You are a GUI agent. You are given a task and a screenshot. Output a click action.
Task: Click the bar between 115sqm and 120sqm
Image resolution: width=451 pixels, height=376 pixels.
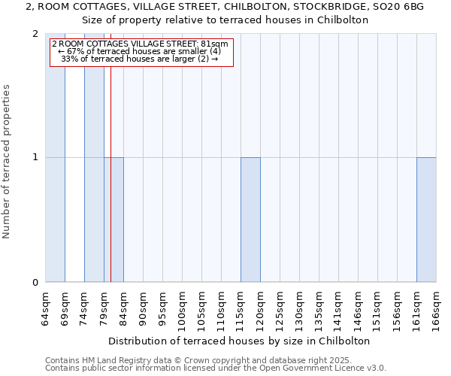point(250,220)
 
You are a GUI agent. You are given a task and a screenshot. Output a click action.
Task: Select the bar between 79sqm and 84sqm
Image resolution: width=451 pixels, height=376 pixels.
point(114,220)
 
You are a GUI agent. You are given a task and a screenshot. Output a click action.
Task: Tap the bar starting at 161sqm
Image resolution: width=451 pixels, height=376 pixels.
point(426,220)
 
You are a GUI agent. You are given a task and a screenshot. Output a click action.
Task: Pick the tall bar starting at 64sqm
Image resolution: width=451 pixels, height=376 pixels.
point(55,158)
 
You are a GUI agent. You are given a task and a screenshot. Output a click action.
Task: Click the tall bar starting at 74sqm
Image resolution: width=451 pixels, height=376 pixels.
point(94,158)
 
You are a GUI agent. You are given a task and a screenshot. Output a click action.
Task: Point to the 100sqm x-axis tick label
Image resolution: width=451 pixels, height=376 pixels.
point(182,309)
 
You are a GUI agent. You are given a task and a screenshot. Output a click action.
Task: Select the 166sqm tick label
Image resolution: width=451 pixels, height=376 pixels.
point(436,309)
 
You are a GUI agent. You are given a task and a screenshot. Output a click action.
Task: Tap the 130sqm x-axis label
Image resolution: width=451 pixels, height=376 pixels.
point(299,309)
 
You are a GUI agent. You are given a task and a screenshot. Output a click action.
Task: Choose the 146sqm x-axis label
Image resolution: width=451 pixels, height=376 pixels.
point(358,309)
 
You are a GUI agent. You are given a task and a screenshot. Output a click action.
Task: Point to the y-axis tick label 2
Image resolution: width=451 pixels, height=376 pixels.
point(35,34)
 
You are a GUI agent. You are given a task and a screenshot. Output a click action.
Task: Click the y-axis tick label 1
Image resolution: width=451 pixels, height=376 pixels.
point(35,158)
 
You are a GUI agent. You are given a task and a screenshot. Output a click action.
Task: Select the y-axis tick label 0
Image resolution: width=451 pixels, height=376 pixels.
point(35,282)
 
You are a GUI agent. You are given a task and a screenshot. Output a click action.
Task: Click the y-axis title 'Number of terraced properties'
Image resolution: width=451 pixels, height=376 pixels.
point(8,162)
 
